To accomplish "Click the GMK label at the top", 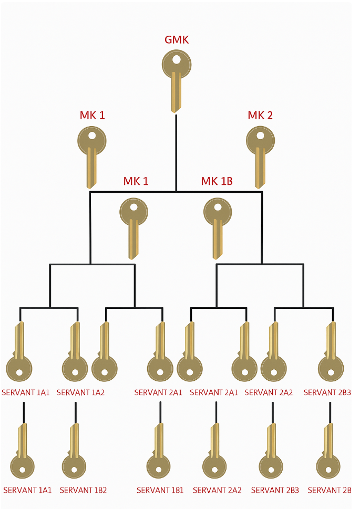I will coord(176,39).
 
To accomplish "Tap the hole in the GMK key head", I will coord(176,59).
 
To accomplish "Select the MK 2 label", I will coord(260,116).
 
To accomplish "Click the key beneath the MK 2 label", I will coord(260,155).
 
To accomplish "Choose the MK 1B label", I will coord(217,182).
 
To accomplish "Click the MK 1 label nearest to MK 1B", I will coord(136,182).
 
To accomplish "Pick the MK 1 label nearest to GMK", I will coord(92,116).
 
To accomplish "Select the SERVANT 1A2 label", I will coord(80,392).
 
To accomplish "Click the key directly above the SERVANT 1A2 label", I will coord(75,352).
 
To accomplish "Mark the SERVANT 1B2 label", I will coord(83,491).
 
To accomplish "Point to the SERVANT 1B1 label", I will coord(160,491).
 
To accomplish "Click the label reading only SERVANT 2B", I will coord(330,491).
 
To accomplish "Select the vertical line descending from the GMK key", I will coord(176,152).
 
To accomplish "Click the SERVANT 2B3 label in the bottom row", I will coord(275,491).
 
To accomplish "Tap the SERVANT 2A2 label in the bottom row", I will coord(217,491).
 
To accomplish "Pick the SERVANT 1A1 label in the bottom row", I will coord(27,491).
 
